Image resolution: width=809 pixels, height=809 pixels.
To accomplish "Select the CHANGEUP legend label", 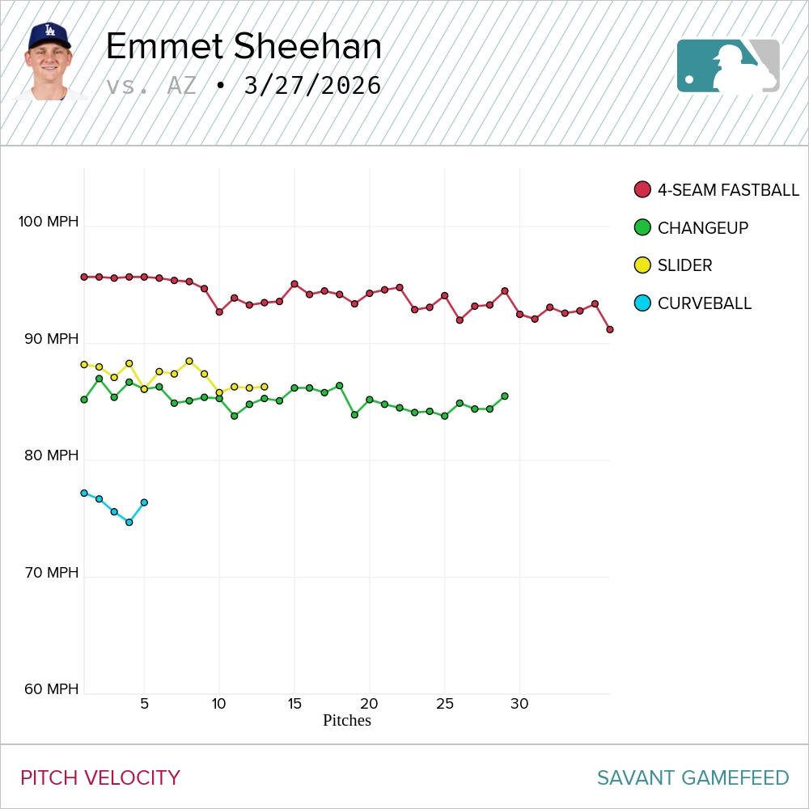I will [x=702, y=228].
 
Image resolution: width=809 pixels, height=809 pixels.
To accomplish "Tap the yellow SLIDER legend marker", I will [x=642, y=265].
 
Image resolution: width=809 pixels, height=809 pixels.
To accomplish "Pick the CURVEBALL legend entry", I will [x=704, y=303].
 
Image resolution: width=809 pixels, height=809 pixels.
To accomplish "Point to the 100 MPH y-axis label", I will [x=49, y=222].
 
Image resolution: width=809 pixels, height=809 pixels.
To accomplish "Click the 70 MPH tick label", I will [x=51, y=573].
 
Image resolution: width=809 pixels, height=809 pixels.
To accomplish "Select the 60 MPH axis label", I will [x=51, y=689].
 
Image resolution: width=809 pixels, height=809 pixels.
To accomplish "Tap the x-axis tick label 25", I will [x=444, y=704].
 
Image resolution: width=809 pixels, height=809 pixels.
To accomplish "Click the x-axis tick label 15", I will [x=294, y=704].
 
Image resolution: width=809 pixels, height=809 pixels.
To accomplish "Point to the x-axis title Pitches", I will [x=346, y=720].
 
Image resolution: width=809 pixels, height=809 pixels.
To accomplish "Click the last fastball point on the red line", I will [x=610, y=329].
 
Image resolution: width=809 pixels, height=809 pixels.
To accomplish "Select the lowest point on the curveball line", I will [x=129, y=523].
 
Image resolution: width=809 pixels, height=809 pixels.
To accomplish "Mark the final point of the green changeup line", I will [x=505, y=396].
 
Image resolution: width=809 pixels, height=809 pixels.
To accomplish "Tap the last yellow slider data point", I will [x=265, y=388].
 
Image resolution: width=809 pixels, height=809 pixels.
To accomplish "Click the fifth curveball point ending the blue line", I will [x=144, y=502].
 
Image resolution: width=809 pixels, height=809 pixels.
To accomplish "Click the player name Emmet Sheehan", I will [x=244, y=47].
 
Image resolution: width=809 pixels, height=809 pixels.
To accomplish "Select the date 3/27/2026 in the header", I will [x=312, y=86].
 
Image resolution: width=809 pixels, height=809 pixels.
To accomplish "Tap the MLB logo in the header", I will [x=728, y=66].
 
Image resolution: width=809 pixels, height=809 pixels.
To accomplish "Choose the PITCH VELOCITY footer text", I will [x=100, y=778].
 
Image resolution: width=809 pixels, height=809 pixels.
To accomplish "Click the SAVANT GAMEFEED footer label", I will [x=693, y=778].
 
